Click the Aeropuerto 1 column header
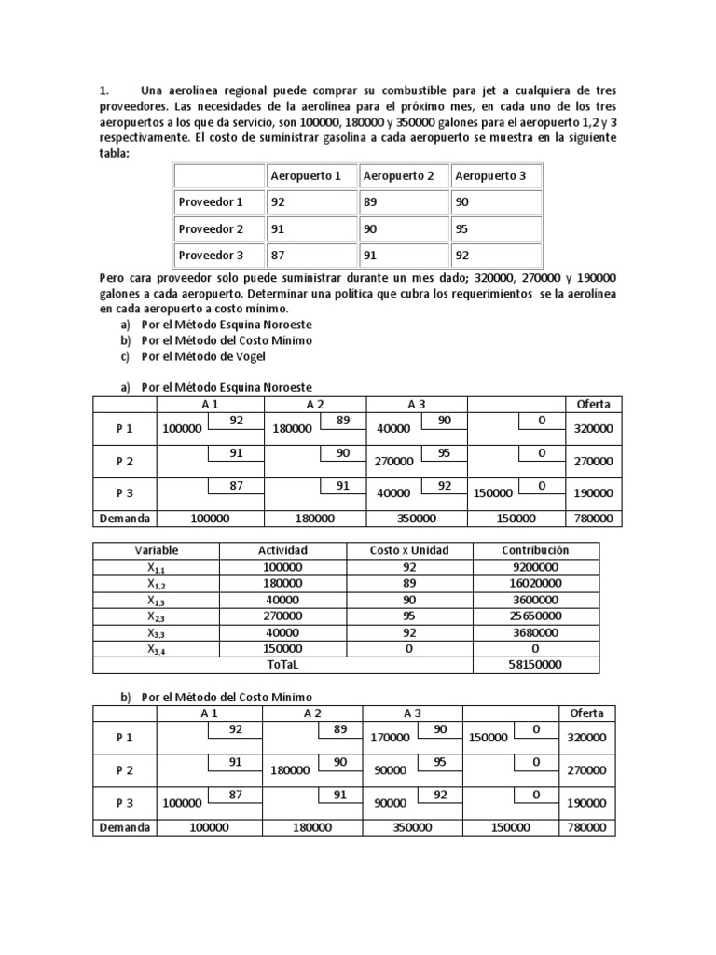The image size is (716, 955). pyautogui.click(x=306, y=175)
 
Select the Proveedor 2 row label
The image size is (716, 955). pyautogui.click(x=211, y=228)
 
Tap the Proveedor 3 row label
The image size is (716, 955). pyautogui.click(x=211, y=255)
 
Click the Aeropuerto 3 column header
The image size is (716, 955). pyautogui.click(x=490, y=175)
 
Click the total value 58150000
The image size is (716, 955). pyautogui.click(x=535, y=664)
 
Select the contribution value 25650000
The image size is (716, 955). pyautogui.click(x=535, y=616)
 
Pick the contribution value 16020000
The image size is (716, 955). pyautogui.click(x=535, y=583)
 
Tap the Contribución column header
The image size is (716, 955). pyautogui.click(x=535, y=550)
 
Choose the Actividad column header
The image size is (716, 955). pyautogui.click(x=282, y=550)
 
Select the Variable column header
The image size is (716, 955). pyautogui.click(x=156, y=550)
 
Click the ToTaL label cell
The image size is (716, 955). pyautogui.click(x=282, y=664)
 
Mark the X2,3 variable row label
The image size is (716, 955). pyautogui.click(x=156, y=616)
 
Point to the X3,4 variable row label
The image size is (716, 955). pyautogui.click(x=156, y=649)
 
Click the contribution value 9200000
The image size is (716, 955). pyautogui.click(x=535, y=566)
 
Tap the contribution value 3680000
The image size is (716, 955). pyautogui.click(x=535, y=632)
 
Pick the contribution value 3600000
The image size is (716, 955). pyautogui.click(x=535, y=600)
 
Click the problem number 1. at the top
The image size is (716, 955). pyautogui.click(x=104, y=90)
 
